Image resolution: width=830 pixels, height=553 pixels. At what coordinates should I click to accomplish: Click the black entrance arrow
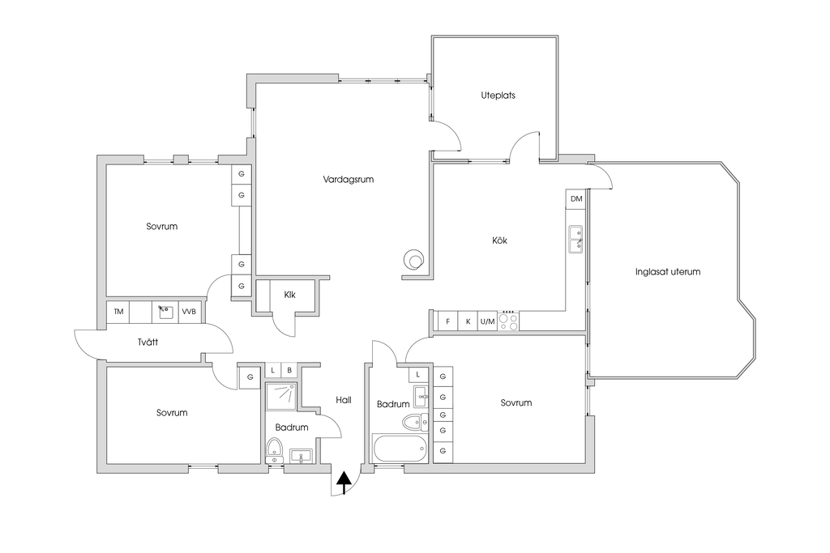[344, 482]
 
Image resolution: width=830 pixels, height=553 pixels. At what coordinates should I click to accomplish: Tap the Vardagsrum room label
[349, 179]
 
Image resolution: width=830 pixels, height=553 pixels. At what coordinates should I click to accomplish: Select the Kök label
[499, 240]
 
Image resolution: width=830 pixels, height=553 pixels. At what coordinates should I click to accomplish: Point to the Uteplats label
[498, 96]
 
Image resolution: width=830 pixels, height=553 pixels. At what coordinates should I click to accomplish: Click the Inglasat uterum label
[668, 272]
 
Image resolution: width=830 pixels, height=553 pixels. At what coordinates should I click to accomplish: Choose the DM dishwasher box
[576, 199]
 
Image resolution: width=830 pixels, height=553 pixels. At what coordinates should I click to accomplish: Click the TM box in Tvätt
[118, 312]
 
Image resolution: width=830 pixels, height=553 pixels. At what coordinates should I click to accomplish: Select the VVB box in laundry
[189, 312]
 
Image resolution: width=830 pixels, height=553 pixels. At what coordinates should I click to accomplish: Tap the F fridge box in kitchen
[447, 321]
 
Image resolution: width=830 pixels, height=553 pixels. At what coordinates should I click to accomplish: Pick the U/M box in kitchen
[487, 321]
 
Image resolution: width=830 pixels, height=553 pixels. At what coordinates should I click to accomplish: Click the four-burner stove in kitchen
[508, 321]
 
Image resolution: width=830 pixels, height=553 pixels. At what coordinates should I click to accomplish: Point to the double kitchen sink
[575, 239]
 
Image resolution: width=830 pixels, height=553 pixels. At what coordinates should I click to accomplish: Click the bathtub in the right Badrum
[400, 449]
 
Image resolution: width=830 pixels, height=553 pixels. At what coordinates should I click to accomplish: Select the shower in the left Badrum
[281, 397]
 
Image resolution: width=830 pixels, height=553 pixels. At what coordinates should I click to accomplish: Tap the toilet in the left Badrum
[274, 449]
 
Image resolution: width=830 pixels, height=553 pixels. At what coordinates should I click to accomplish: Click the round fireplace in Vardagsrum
[413, 260]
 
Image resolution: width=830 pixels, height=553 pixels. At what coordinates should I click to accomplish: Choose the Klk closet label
[289, 295]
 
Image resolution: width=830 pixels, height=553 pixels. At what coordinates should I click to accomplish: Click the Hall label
[344, 400]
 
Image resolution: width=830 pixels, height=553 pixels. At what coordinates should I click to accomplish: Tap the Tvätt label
[148, 342]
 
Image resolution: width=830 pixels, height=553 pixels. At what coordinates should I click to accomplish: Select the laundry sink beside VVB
[165, 312]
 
